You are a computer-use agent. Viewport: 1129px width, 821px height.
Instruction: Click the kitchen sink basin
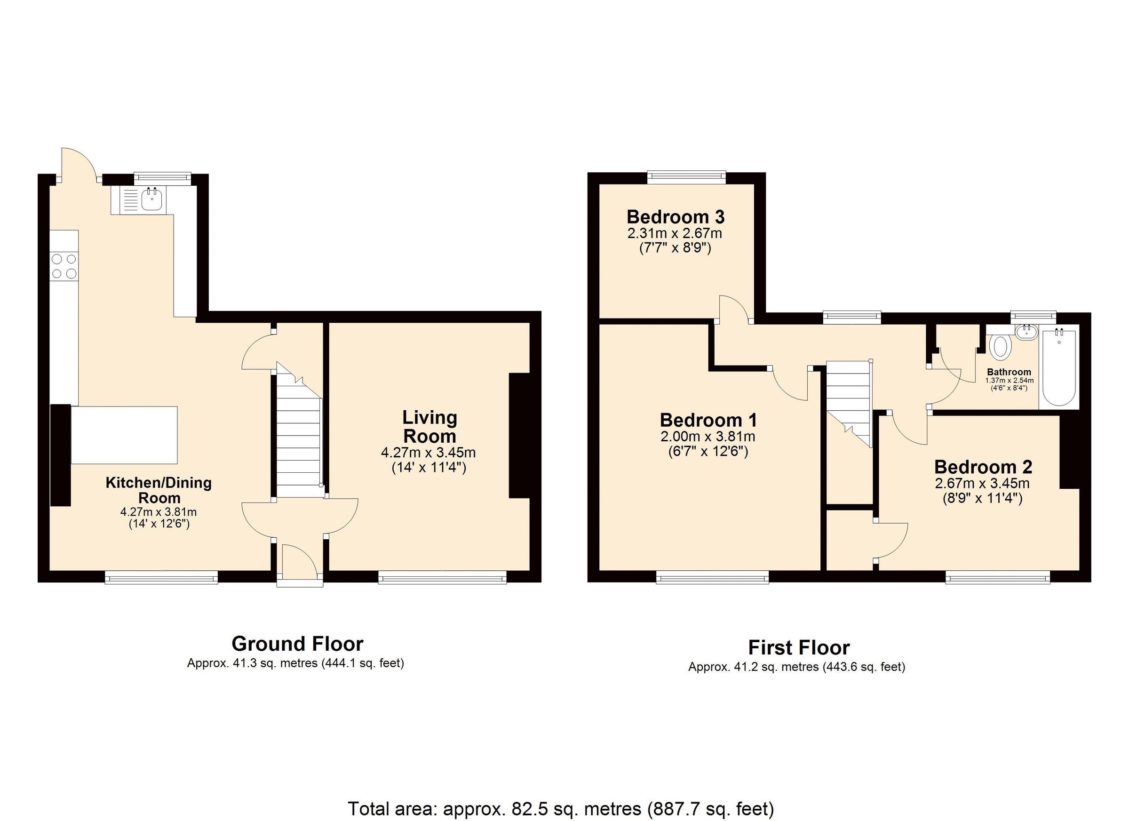click(151, 199)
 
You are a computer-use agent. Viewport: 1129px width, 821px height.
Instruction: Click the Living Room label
click(429, 427)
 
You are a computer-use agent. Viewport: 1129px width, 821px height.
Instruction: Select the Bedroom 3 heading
click(675, 217)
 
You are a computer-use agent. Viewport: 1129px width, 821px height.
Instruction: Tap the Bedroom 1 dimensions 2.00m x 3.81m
click(708, 437)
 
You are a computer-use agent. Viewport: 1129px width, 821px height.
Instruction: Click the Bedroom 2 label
click(983, 467)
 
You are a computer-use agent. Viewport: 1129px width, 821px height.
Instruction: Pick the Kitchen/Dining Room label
click(159, 490)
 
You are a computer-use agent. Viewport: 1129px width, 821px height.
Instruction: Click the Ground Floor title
click(297, 644)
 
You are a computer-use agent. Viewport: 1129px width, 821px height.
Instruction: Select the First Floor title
click(798, 648)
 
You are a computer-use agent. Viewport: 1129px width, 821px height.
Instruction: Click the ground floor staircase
click(298, 438)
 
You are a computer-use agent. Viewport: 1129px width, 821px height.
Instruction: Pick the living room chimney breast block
click(519, 436)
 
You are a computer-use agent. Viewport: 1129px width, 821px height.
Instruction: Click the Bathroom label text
click(1009, 372)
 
